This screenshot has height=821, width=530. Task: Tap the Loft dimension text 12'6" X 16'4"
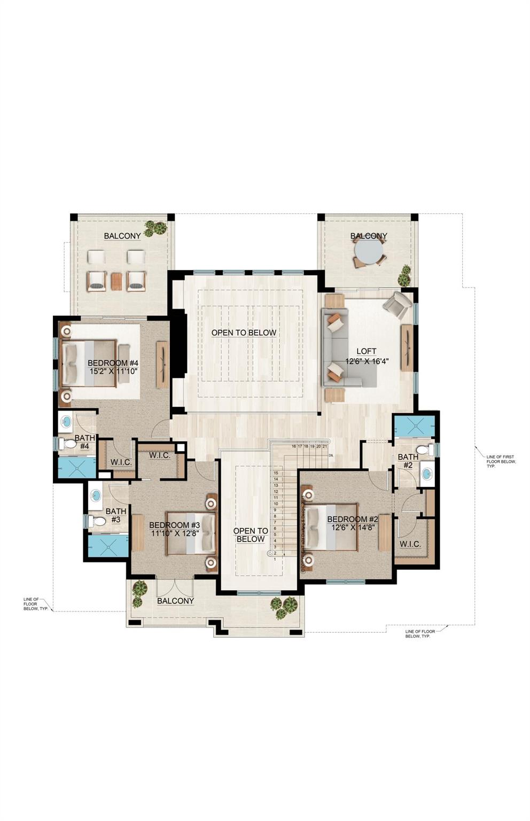pyautogui.click(x=366, y=361)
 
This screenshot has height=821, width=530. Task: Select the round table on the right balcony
pyautogui.click(x=368, y=251)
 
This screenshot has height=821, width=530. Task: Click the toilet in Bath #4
pyautogui.click(x=68, y=444)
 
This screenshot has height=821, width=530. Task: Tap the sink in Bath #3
pyautogui.click(x=96, y=495)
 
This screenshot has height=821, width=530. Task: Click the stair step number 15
pyautogui.click(x=276, y=473)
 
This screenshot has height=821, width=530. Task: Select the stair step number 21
pyautogui.click(x=325, y=446)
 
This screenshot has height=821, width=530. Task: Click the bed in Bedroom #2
pyautogui.click(x=331, y=527)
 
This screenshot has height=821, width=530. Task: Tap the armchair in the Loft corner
pyautogui.click(x=396, y=306)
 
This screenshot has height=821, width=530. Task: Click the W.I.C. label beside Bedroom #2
pyautogui.click(x=410, y=544)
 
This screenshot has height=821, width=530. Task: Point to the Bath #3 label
pyautogui.click(x=116, y=515)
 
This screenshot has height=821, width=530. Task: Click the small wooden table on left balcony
pyautogui.click(x=116, y=281)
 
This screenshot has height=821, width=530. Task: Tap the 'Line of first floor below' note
pyautogui.click(x=500, y=461)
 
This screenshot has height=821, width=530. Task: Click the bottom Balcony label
pyautogui.click(x=175, y=601)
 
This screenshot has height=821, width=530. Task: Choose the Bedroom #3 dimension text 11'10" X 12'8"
pyautogui.click(x=175, y=533)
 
